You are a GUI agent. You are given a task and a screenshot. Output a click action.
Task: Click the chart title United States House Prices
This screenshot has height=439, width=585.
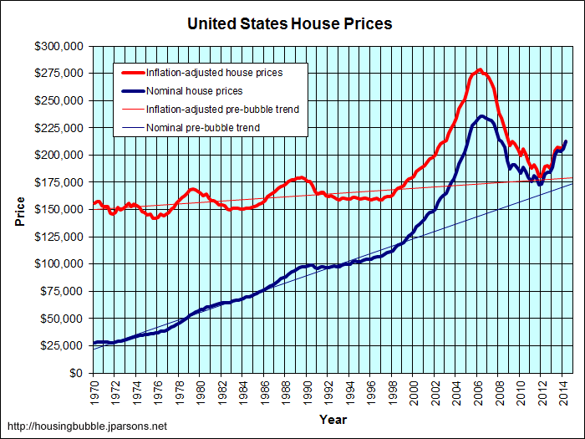290,23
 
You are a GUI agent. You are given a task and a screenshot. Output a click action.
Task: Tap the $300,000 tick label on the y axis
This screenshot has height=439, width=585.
59,47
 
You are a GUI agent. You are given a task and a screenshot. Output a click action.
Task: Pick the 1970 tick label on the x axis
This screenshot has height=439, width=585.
94,390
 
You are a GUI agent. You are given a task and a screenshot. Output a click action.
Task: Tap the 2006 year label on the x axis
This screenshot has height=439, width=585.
478,390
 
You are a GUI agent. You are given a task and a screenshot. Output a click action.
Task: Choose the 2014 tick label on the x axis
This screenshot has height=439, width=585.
563,390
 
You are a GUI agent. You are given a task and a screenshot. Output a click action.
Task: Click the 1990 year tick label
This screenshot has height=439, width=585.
308,390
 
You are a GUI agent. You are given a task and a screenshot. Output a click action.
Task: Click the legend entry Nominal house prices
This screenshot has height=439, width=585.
194,91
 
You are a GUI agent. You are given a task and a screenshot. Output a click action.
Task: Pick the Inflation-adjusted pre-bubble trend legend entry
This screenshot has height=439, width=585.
222,110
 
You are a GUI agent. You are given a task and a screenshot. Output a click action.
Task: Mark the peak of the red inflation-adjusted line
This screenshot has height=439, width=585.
480,69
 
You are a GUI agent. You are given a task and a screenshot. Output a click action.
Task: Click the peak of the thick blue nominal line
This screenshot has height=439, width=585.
482,116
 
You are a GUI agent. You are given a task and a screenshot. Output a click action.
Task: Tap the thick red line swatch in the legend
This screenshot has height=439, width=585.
130,73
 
